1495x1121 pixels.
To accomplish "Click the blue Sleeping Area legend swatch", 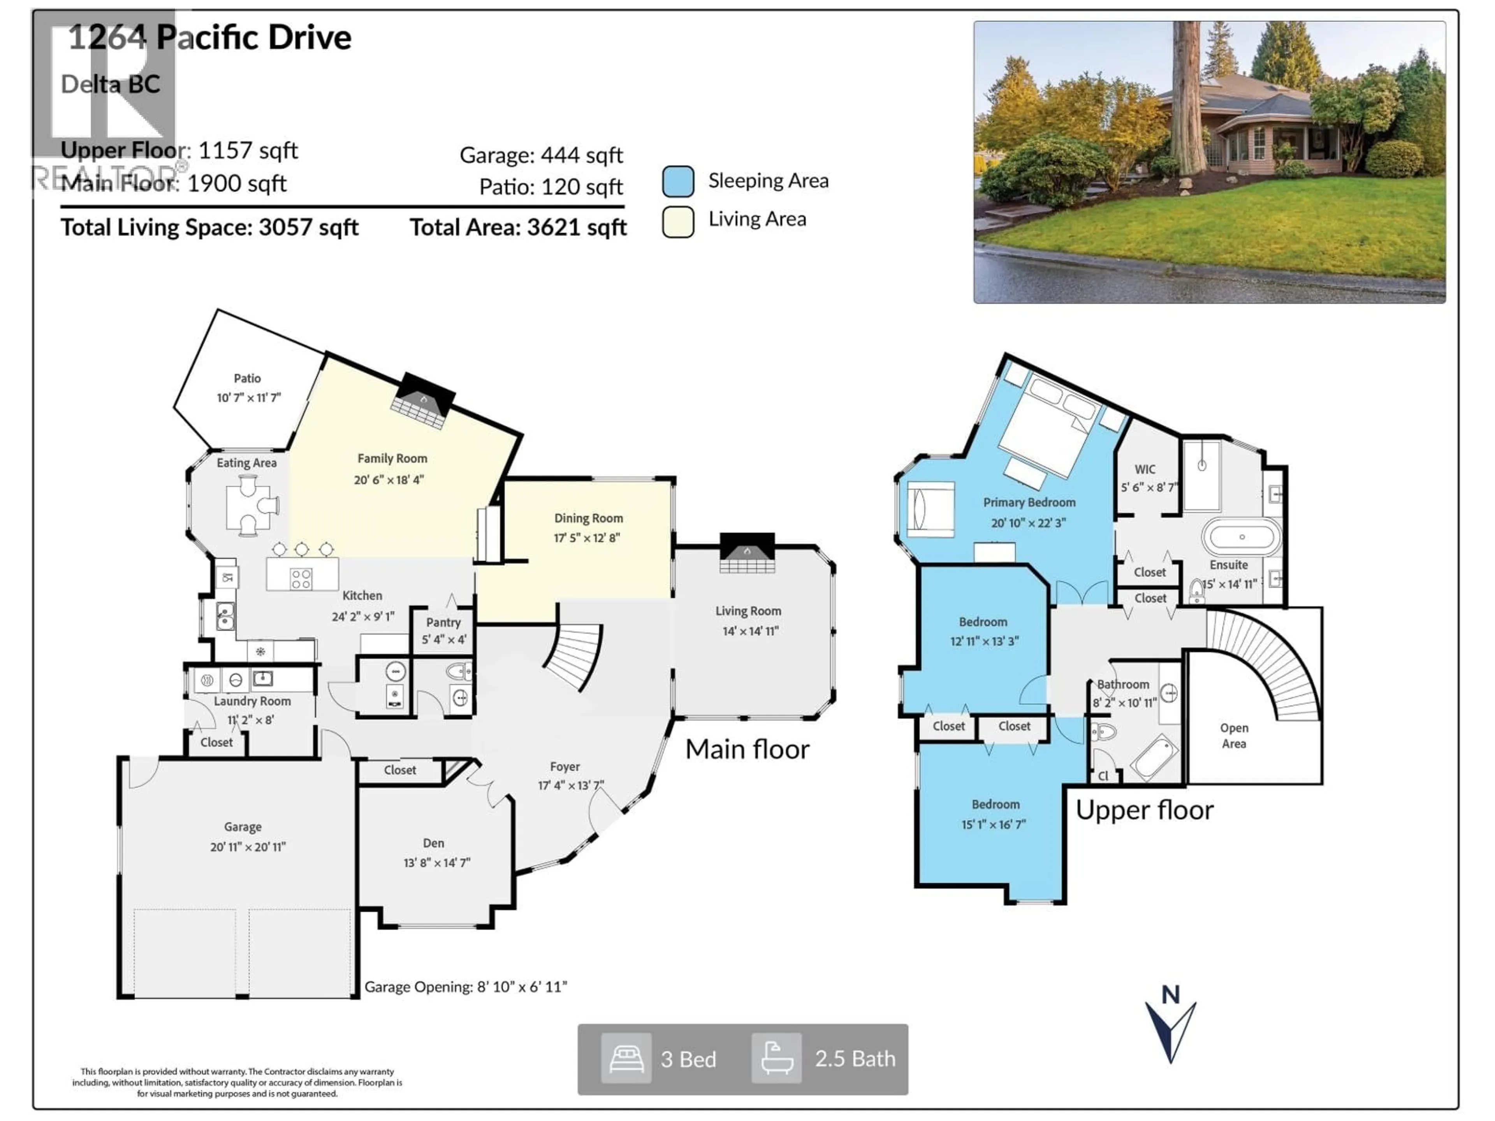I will pos(678,181).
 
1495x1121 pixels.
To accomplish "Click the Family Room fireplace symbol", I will pos(423,402).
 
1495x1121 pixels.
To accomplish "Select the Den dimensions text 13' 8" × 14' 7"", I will pos(436,863).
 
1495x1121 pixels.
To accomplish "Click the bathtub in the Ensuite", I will pos(1242,537).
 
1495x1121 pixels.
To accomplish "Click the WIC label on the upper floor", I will pos(1145,469).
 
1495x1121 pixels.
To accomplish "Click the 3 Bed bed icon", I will pos(626,1059).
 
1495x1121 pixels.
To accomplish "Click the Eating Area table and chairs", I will pos(250,506).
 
